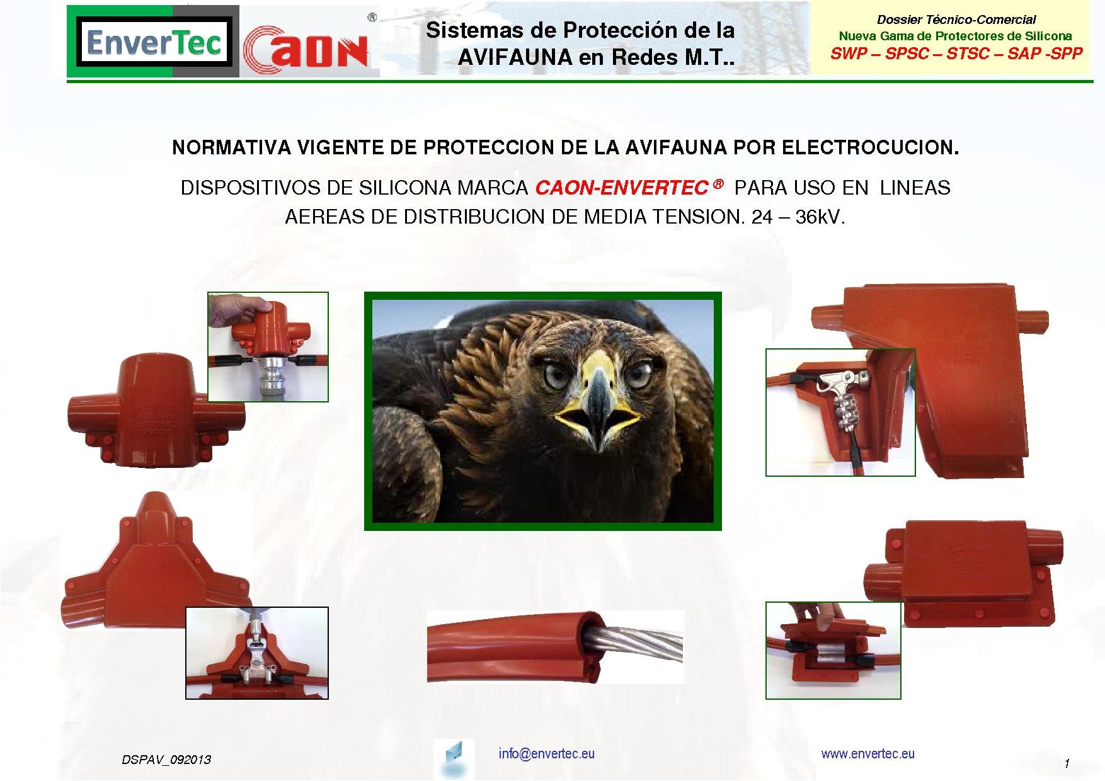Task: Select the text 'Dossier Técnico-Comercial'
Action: pyautogui.click(x=956, y=20)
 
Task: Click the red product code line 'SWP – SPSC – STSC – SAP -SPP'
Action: pyautogui.click(x=956, y=54)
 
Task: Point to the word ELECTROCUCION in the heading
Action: pyautogui.click(x=870, y=147)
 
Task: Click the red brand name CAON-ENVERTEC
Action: pyautogui.click(x=621, y=188)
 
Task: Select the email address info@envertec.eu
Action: pyautogui.click(x=546, y=753)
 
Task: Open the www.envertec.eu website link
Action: pyautogui.click(x=867, y=753)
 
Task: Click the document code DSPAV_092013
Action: pyautogui.click(x=166, y=760)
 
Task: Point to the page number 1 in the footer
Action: pyautogui.click(x=1067, y=763)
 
